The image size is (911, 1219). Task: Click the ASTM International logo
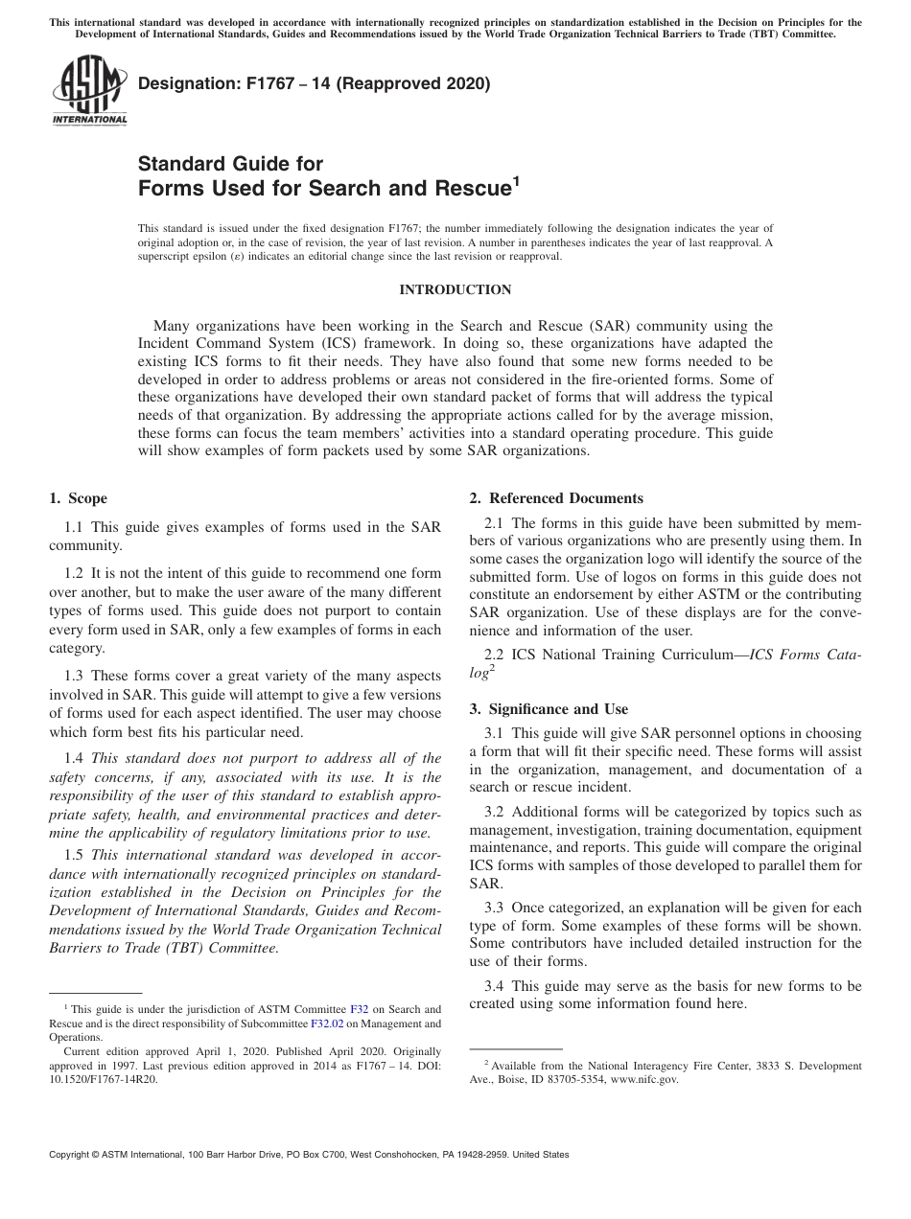(x=89, y=91)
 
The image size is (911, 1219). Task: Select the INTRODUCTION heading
(x=455, y=289)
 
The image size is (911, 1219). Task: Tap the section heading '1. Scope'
(x=78, y=498)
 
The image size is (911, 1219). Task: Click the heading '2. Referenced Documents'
(x=556, y=498)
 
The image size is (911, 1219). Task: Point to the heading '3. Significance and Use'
(x=549, y=709)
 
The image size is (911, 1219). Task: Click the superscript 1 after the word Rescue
(x=515, y=181)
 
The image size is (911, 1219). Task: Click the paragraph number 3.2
(x=495, y=812)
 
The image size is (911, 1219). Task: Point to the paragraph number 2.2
(x=495, y=655)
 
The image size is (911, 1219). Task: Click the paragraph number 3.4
(x=495, y=985)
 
